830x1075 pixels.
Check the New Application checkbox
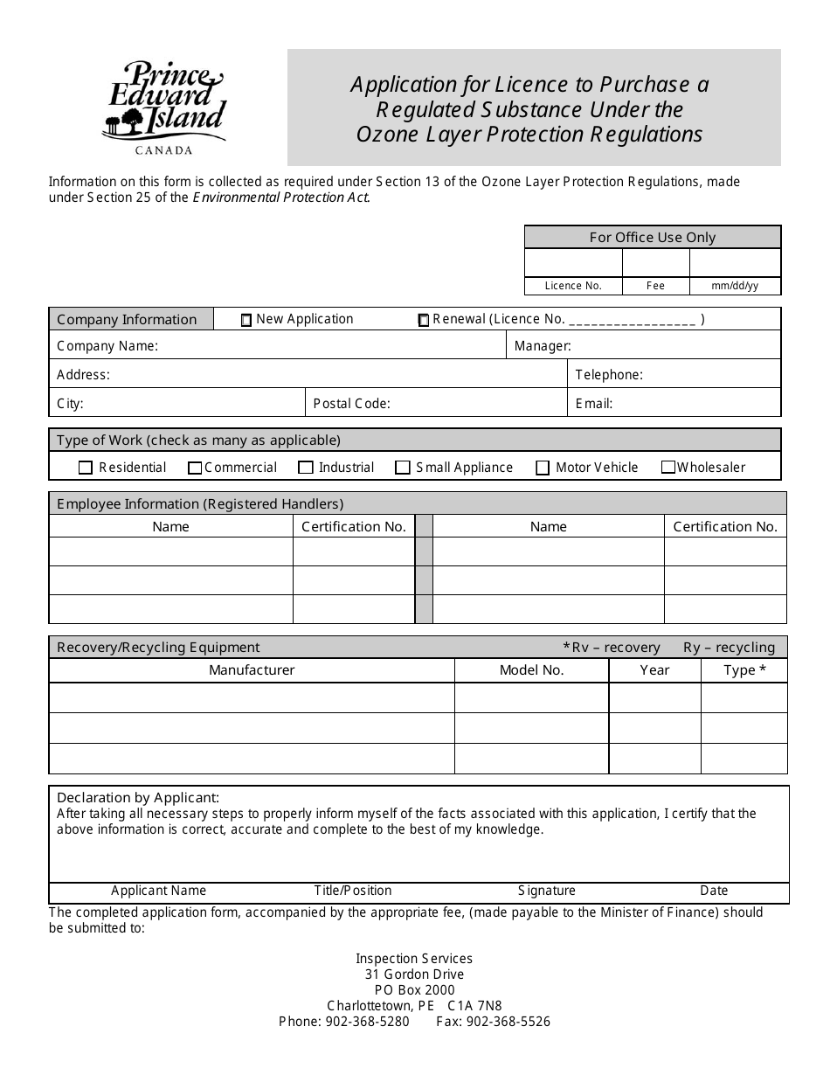tap(246, 321)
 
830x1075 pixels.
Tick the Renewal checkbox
tap(424, 321)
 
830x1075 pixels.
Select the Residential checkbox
tap(86, 468)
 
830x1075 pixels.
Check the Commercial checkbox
tap(195, 468)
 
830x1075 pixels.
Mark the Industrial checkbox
tap(306, 468)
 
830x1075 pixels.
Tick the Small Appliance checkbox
tap(403, 468)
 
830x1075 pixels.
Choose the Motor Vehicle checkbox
tap(543, 468)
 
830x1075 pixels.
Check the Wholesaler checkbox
tap(668, 468)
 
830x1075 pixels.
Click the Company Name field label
tap(107, 346)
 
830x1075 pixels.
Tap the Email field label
tap(594, 404)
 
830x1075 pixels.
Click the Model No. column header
tap(531, 670)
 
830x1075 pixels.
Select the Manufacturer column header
tap(252, 670)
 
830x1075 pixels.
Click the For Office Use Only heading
tap(653, 238)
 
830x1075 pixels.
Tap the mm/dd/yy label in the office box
tap(735, 286)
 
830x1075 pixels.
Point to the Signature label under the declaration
tap(547, 891)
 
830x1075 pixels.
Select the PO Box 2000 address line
tap(414, 990)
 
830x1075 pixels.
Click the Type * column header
tap(744, 670)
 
